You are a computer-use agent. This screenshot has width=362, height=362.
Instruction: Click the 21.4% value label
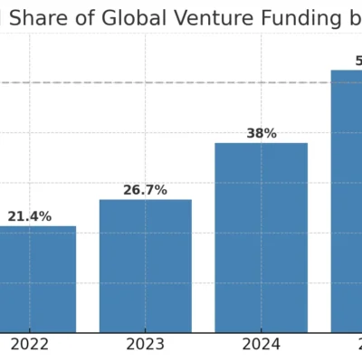(30, 217)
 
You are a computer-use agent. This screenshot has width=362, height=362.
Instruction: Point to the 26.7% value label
(145, 190)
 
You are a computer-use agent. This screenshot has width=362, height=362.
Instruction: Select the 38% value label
(261, 134)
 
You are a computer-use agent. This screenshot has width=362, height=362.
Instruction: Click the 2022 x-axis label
(29, 345)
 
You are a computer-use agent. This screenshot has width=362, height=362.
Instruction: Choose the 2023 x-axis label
(145, 345)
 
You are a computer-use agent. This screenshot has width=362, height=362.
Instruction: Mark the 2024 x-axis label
(261, 345)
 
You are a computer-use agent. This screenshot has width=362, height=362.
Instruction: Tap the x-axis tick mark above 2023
(145, 335)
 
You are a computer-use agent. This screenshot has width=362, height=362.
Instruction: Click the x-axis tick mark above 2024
(261, 335)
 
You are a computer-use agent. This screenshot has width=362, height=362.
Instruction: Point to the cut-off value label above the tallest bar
(358, 62)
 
